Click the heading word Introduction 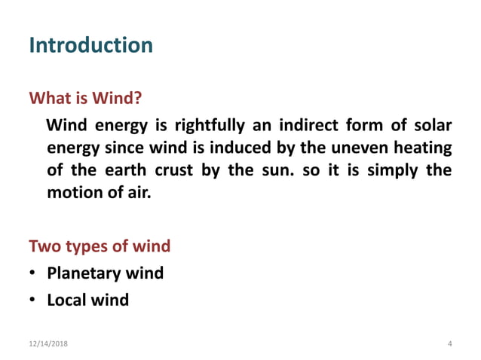coord(90,45)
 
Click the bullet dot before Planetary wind coord(34,273)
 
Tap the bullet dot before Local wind coord(34,301)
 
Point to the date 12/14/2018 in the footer coord(47,343)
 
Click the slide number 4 coord(449,343)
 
